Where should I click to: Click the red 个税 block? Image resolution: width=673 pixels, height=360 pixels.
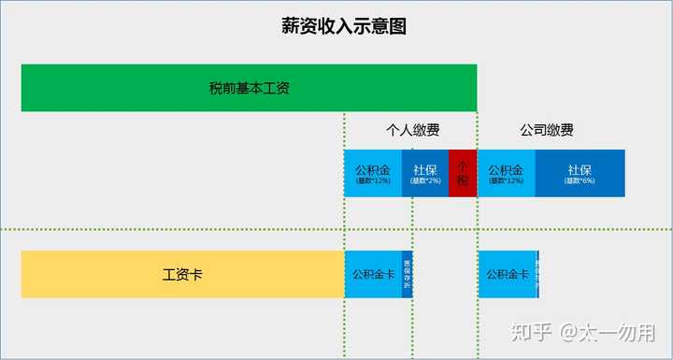(463, 173)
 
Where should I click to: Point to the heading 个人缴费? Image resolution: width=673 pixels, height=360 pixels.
(413, 131)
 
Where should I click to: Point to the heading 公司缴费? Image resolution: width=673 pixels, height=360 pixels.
(546, 131)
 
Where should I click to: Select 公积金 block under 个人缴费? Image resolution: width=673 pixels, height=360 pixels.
(373, 173)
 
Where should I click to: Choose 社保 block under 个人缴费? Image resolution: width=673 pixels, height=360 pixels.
(425, 173)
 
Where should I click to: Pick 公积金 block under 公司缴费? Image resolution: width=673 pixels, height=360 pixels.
(506, 173)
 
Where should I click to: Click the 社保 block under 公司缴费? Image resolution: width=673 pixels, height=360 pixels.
(580, 173)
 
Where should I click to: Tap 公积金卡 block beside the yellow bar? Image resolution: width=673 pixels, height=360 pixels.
(372, 274)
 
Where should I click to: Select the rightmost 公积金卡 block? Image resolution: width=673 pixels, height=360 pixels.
(506, 274)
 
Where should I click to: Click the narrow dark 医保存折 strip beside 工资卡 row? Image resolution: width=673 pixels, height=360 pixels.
(407, 274)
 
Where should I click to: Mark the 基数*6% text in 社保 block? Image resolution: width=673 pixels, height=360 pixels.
(580, 181)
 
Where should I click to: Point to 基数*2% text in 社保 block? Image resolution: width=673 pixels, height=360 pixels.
(426, 181)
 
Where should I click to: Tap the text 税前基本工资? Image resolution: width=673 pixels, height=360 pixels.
(249, 89)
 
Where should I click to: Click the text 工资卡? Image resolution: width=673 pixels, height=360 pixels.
(183, 275)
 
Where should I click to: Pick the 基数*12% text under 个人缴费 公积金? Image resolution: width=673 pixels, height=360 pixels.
(373, 181)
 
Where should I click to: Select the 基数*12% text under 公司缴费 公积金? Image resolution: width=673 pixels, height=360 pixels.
(506, 181)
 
